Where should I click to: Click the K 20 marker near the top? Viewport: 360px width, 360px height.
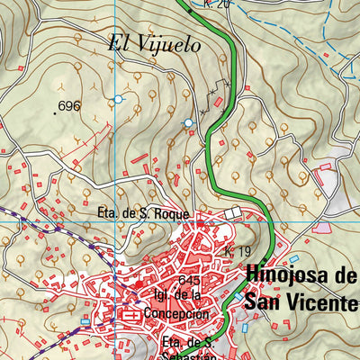pos(217,4)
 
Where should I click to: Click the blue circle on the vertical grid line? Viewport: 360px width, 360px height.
pos(118,98)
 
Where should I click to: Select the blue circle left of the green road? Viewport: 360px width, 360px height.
pos(188,122)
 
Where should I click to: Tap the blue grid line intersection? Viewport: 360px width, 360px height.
pos(118,221)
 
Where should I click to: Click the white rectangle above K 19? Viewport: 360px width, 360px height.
pos(236,212)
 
